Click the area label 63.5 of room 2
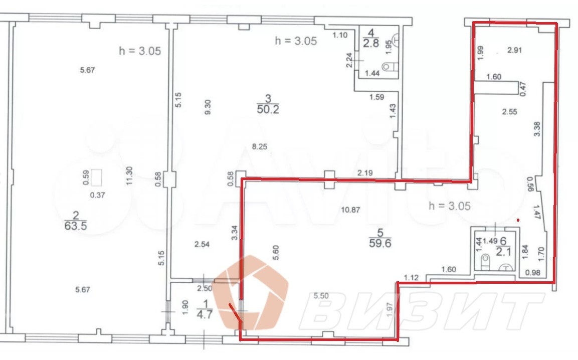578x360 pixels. pos(76,226)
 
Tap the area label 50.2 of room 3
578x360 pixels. pos(268,109)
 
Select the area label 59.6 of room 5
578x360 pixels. pos(380,243)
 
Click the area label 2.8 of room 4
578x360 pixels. pos(371,43)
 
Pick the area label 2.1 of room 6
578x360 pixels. pos(503,252)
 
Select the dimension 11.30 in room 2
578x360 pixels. pos(129,175)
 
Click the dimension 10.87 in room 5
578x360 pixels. pos(350,210)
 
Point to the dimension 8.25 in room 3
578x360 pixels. pos(260,146)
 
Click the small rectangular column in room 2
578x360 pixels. pos(97,177)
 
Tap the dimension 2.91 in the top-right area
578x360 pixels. pos(515,50)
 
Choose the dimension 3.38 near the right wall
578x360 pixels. pos(537,129)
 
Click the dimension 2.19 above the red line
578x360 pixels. pos(365,172)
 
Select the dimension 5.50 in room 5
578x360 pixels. pos(321,295)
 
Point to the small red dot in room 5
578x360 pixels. pos(519,220)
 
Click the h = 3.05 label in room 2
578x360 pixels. pos(140,51)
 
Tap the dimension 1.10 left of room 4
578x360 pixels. pos(340,35)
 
